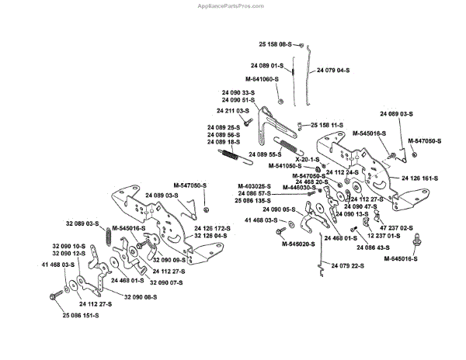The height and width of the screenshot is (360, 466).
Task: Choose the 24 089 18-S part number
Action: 224,142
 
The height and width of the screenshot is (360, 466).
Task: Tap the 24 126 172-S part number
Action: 210,227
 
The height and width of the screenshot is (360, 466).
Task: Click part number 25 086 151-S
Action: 80,316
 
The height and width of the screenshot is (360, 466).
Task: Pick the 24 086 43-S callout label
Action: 374,247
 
